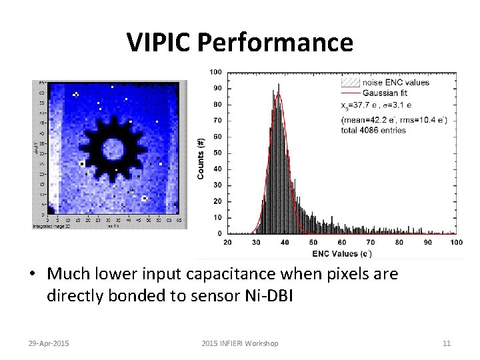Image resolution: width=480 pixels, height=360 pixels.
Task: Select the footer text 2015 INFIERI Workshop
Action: click(240, 343)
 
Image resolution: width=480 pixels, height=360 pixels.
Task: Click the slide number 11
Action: click(447, 343)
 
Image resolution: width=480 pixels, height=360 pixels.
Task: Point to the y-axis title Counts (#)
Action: click(201, 158)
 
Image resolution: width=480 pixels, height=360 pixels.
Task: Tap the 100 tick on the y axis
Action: click(216, 72)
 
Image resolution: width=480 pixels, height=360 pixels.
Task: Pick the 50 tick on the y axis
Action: click(218, 153)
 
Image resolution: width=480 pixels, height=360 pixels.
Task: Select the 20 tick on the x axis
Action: click(227, 242)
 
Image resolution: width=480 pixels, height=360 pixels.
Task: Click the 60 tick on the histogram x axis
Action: click(342, 242)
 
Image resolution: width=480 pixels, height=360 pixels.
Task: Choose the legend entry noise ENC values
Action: click(395, 83)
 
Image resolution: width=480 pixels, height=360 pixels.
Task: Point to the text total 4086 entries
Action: click(373, 130)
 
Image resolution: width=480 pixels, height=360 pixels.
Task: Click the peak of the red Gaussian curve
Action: click(280, 94)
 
